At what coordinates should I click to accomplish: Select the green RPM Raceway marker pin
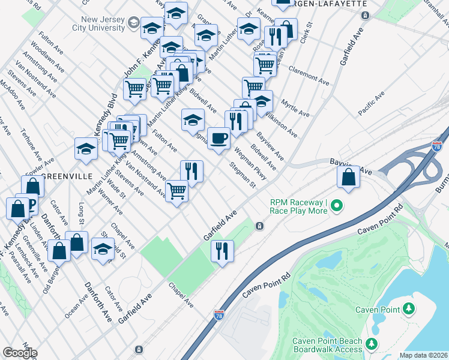coord(337,206)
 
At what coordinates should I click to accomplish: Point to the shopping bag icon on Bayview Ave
coord(348,177)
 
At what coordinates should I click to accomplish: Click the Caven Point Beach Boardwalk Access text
coord(327,346)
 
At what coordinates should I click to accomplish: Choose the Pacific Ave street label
coord(371,103)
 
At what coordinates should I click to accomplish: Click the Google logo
coord(19,352)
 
